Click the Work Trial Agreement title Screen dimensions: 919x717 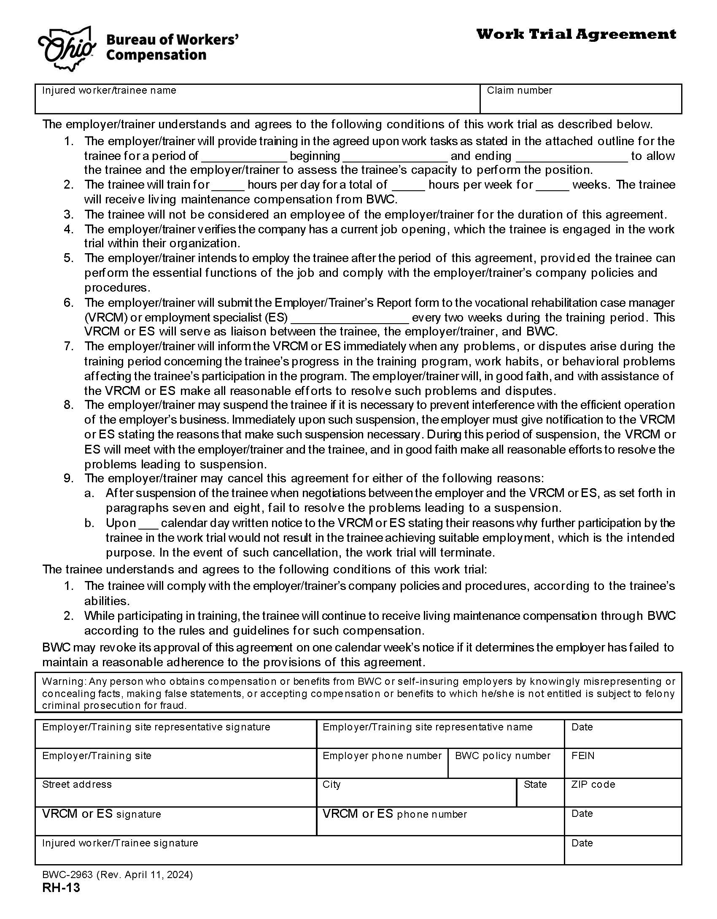coord(576,34)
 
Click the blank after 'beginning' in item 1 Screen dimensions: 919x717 coord(395,157)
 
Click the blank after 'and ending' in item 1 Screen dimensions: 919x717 coord(571,157)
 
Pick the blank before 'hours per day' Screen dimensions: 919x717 coord(228,186)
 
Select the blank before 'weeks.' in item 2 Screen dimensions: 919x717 coord(552,186)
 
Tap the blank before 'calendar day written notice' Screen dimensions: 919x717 coord(148,524)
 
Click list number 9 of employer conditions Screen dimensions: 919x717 coord(69,478)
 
